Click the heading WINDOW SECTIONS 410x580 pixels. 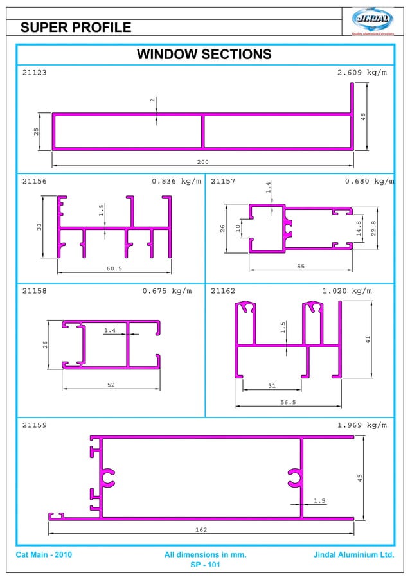tap(204, 54)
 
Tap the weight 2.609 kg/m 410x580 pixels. tap(362, 73)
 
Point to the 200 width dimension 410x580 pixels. tap(203, 162)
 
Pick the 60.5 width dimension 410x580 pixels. tap(114, 268)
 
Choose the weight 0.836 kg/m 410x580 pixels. tap(176, 181)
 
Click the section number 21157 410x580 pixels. tap(223, 181)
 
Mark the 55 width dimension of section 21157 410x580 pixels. tap(301, 265)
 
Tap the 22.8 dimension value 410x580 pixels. tap(373, 228)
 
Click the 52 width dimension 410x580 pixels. tap(111, 385)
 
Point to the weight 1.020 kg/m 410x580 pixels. tap(346, 291)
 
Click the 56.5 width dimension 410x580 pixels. tap(288, 402)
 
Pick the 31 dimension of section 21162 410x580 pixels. tap(272, 385)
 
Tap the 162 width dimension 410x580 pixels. tap(201, 529)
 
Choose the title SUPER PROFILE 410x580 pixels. tap(76, 27)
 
